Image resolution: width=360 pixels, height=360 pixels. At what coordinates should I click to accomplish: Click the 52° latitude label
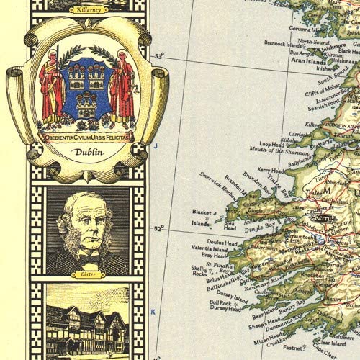159,228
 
